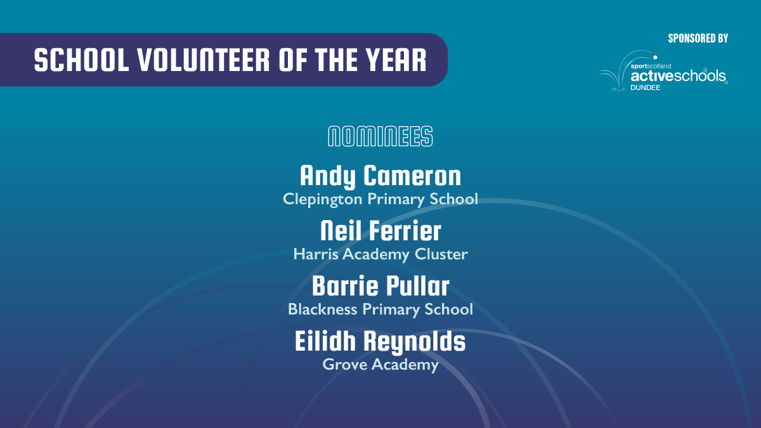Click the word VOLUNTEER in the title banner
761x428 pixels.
point(204,60)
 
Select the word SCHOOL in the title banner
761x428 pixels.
point(82,60)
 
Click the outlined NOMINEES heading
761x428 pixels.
point(380,136)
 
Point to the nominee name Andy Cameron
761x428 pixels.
point(380,176)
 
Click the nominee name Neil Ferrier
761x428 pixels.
point(380,231)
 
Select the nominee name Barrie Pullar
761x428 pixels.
point(380,286)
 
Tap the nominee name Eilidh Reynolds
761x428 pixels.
point(380,342)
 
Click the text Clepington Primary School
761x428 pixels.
point(380,199)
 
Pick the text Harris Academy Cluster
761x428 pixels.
point(380,254)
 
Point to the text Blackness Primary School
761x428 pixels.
point(380,309)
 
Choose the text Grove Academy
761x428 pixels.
point(380,365)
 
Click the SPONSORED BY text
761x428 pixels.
point(698,39)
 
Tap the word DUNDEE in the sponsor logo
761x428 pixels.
point(646,88)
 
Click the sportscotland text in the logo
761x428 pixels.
point(651,66)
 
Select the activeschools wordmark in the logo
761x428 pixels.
point(679,75)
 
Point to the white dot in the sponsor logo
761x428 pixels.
point(655,58)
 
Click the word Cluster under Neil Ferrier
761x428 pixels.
point(441,254)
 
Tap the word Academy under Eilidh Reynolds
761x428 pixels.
point(405,365)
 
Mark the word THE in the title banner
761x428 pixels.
point(336,60)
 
